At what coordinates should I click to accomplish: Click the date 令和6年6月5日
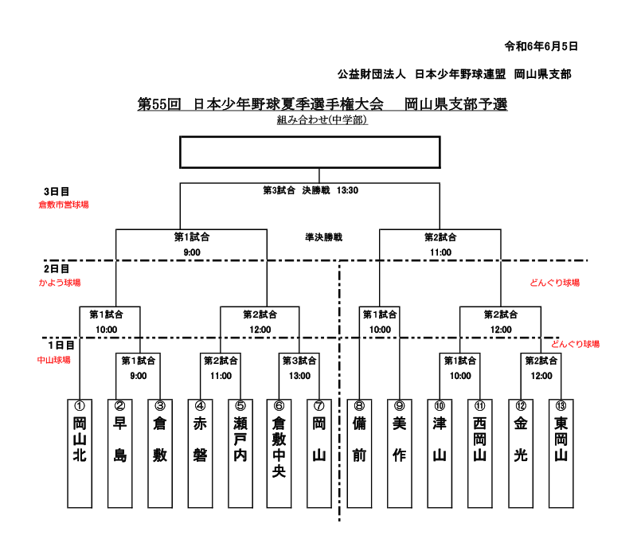pos(541,46)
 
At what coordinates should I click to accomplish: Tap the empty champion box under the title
pos(310,152)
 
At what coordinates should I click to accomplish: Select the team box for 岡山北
pos(80,452)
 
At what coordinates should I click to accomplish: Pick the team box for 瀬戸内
pos(240,452)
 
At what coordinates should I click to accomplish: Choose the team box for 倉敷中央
pos(279,452)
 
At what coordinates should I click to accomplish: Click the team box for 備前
pos(359,452)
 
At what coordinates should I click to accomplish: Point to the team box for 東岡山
pos(561,452)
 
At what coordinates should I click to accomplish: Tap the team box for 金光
pos(521,452)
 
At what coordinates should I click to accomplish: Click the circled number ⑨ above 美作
pos(400,405)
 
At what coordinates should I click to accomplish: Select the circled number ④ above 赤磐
pos(200,405)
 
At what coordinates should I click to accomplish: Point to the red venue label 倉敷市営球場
pos(64,205)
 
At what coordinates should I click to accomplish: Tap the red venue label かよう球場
pos(60,283)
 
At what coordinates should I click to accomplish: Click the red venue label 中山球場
pos(54,360)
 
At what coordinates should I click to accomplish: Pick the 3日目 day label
pos(57,192)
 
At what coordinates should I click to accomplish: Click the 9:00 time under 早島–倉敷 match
pos(139,376)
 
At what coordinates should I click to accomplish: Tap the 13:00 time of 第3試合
pos(299,376)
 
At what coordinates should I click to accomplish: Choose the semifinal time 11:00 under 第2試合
pos(440,252)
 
